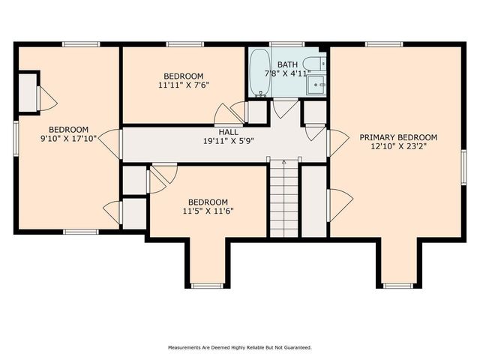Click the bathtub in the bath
[x=259, y=73]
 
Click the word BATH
[x=287, y=64]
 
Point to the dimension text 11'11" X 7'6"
[x=183, y=85]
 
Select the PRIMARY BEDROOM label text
[x=397, y=137]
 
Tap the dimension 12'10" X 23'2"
[x=397, y=147]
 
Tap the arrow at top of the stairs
[x=284, y=163]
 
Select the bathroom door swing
[x=285, y=109]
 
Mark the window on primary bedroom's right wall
[x=463, y=166]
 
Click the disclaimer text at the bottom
[x=239, y=347]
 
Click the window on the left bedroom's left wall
[x=16, y=139]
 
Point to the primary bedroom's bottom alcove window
[x=398, y=286]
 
